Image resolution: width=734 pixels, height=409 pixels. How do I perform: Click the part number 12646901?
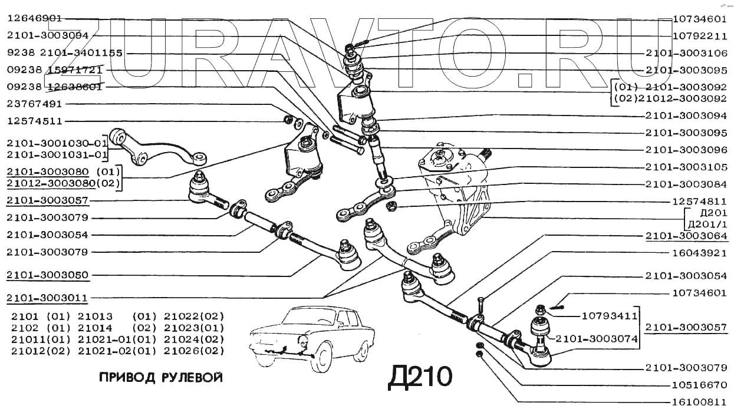[x=34, y=18]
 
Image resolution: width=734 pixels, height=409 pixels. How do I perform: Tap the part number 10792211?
[x=699, y=35]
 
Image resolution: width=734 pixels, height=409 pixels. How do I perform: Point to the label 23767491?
[x=34, y=104]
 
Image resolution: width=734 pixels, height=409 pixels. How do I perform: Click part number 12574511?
[x=34, y=121]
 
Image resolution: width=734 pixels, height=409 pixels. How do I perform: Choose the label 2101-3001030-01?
[x=58, y=143]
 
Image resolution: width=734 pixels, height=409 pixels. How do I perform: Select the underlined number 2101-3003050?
[x=47, y=275]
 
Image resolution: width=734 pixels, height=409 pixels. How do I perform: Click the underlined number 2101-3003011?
[x=47, y=298]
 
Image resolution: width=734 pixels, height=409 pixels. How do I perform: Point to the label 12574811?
[x=699, y=201]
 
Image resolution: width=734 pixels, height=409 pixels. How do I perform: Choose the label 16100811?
[x=699, y=403]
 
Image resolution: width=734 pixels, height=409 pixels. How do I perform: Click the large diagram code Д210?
[x=420, y=377]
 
